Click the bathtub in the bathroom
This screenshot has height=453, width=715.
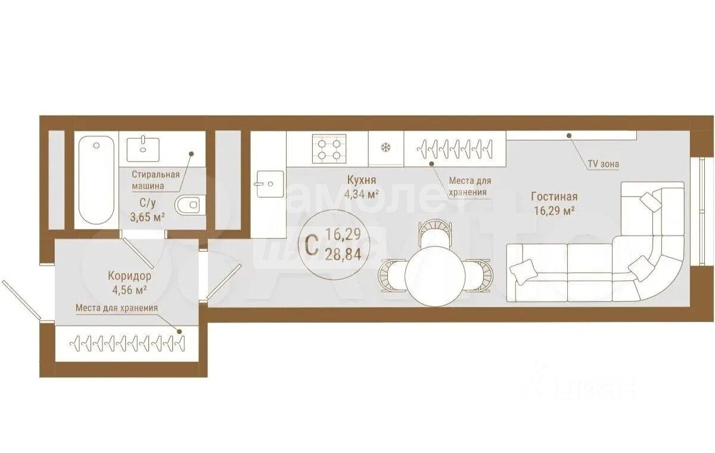coord(96,180)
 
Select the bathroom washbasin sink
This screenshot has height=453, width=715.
coord(143,149)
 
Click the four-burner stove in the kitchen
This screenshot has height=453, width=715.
coord(329,149)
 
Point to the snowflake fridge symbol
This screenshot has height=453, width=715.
coord(386,147)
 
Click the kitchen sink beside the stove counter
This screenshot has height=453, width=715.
coord(270,184)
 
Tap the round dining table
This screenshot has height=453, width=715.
coord(435,276)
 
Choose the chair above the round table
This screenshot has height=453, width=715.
coord(435,233)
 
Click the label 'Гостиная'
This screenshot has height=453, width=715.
coord(554,196)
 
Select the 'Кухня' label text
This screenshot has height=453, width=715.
coord(361,180)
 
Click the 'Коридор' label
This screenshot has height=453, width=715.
coord(129,276)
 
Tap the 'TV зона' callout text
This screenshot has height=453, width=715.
coord(603,164)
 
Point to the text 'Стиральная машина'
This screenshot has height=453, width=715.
coord(156,180)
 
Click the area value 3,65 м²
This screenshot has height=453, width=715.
coord(148,217)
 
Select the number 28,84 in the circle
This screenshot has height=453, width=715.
coord(343,254)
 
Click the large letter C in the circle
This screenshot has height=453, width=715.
coord(312,245)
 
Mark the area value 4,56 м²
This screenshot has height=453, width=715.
coord(129,290)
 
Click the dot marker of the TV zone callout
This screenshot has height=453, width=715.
coord(569,136)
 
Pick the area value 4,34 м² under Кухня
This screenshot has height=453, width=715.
coord(361,194)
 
